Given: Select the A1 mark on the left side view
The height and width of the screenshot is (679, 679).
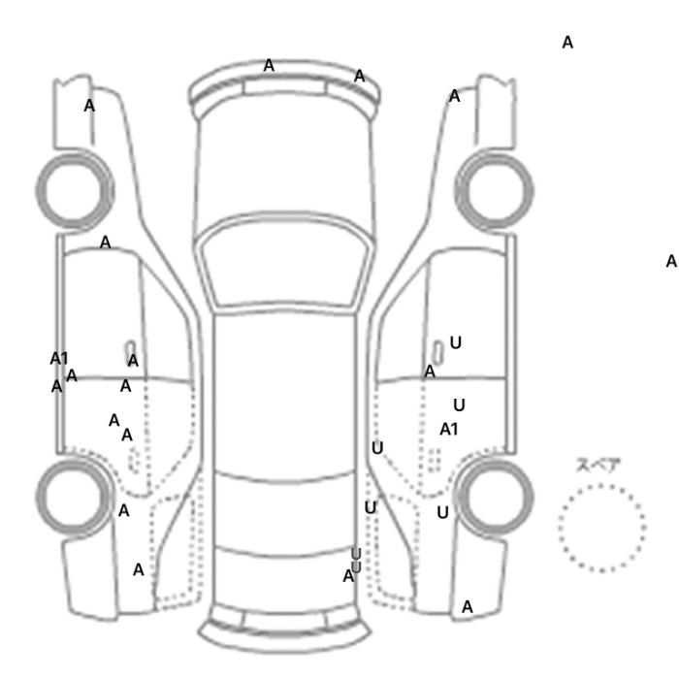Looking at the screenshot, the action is [x=59, y=359].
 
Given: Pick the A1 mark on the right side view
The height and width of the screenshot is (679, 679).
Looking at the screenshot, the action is [x=448, y=430].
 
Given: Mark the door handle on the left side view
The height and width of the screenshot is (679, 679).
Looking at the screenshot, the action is [x=130, y=349].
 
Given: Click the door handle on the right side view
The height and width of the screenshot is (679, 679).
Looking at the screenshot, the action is [x=438, y=352].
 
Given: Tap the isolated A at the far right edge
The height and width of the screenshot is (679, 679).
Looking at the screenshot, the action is [x=671, y=262].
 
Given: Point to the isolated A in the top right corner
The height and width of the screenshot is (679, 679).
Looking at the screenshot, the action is [x=567, y=43].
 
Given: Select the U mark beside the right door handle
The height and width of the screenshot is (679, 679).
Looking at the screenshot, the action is [x=456, y=343].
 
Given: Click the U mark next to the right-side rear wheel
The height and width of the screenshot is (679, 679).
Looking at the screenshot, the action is [x=442, y=513].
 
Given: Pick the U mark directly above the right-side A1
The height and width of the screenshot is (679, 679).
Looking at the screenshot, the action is [x=459, y=405].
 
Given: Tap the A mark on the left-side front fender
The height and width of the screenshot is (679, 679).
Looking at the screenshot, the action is [x=89, y=106].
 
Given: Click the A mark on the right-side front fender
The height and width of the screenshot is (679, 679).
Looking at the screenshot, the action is [x=454, y=96].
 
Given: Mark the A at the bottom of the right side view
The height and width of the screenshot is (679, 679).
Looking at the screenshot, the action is [x=468, y=607].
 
